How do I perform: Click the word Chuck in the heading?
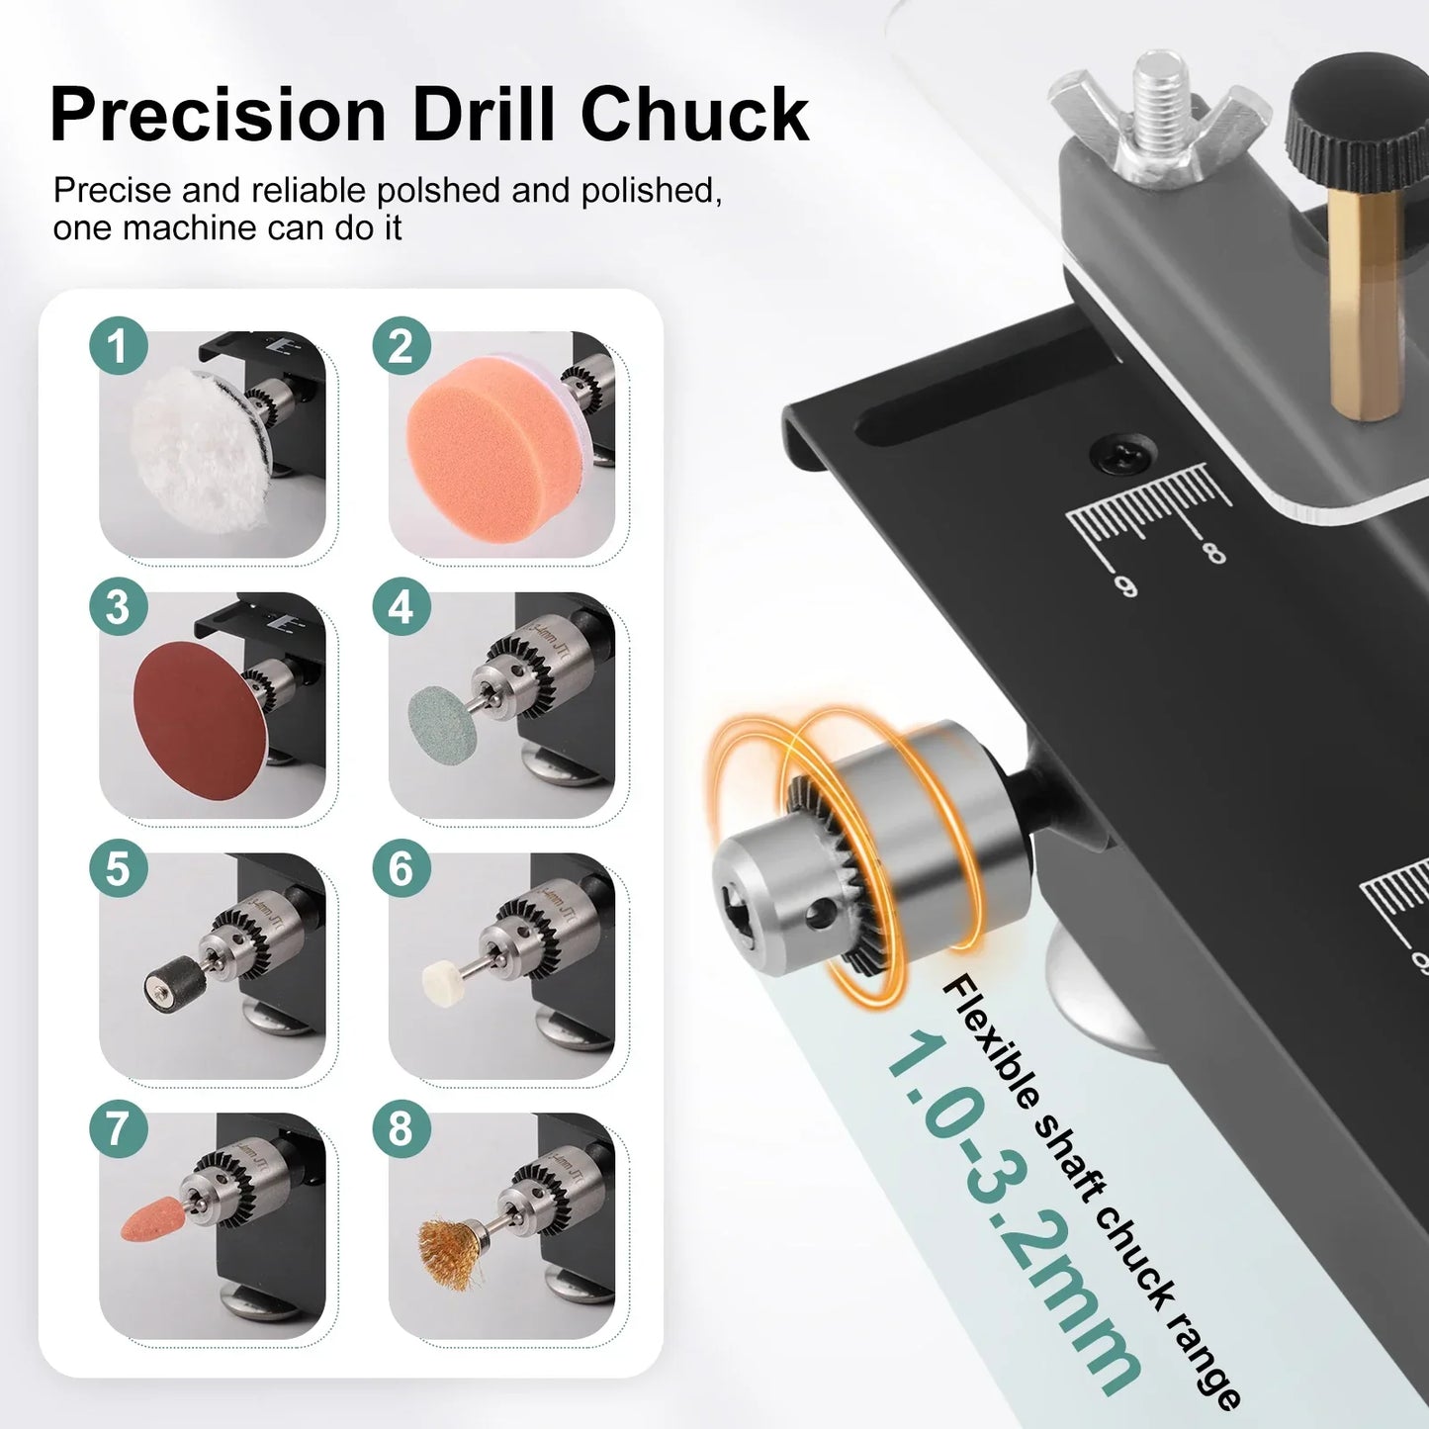[x=694, y=116]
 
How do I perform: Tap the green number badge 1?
[x=118, y=346]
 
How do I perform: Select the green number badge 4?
[x=402, y=606]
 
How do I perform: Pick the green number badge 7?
[x=118, y=1127]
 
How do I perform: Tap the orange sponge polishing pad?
[x=483, y=442]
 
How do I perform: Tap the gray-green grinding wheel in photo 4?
[x=442, y=719]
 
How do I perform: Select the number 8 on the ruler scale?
[x=1214, y=551]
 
